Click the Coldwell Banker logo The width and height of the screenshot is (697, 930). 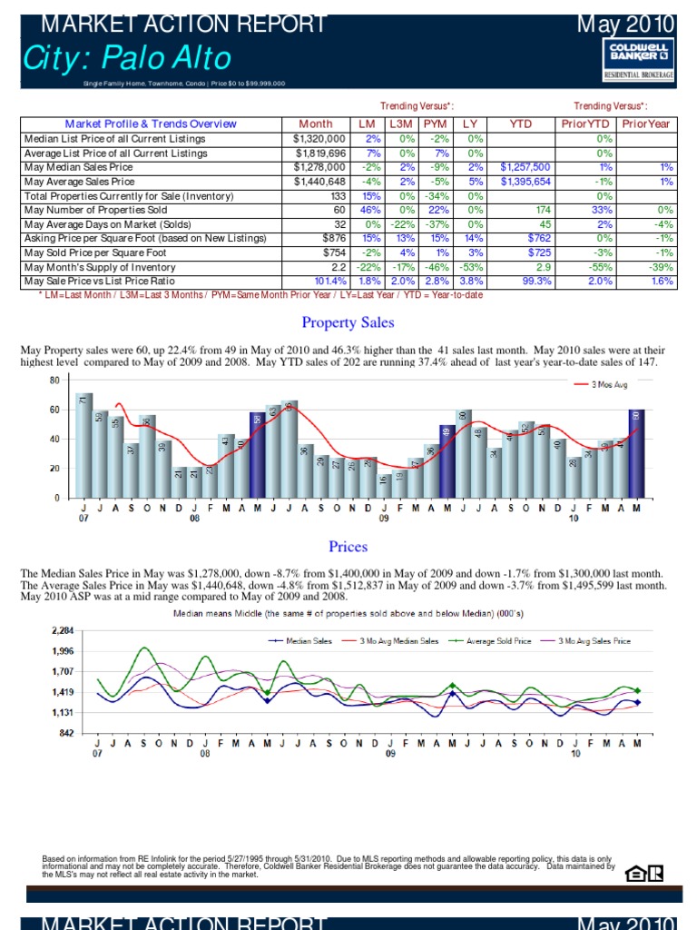point(640,60)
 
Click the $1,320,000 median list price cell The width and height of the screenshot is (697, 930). point(319,139)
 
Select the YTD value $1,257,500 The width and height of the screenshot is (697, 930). point(525,167)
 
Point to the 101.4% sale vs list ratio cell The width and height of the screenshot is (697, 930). point(327,282)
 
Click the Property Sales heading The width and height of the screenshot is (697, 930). point(348,322)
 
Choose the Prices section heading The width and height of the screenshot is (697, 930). point(348,546)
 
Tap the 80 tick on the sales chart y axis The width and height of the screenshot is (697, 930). point(54,380)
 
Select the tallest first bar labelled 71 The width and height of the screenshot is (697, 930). point(83,445)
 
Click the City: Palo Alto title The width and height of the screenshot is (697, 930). point(127,60)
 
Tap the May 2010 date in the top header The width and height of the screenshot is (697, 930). point(626,22)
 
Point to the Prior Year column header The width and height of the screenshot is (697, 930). point(645,124)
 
